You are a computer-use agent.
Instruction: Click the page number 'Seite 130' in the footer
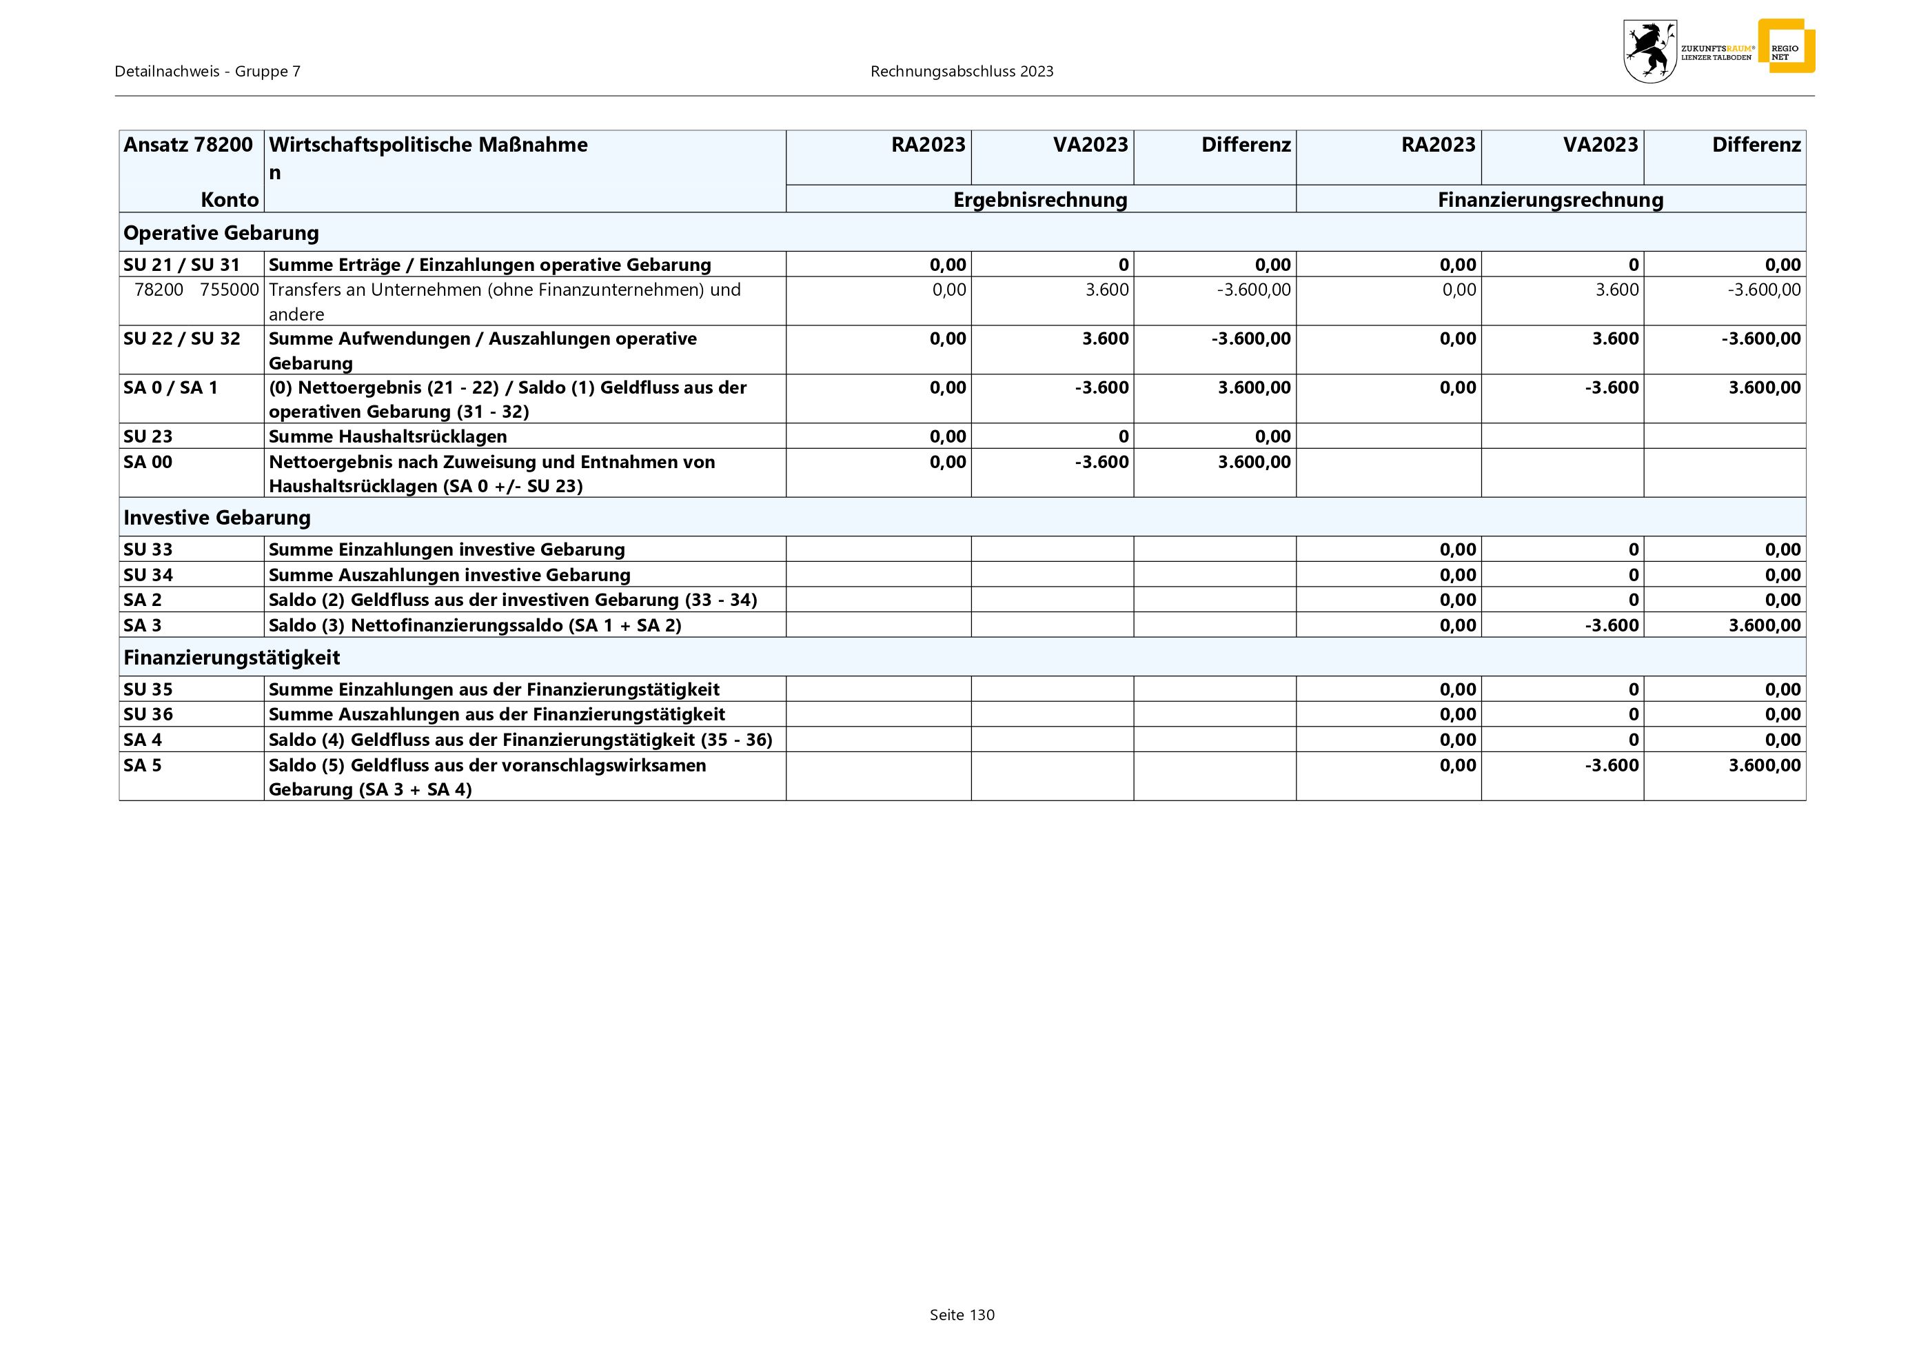(x=962, y=1315)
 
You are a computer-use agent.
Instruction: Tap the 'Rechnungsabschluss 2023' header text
(x=962, y=72)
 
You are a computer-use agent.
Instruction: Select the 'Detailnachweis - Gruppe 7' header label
(x=207, y=72)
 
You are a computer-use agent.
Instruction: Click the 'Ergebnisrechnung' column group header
(x=1040, y=200)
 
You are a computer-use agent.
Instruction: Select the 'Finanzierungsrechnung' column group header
(x=1550, y=200)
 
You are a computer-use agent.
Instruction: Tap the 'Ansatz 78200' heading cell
(x=188, y=145)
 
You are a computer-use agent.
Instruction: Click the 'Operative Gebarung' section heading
(x=221, y=233)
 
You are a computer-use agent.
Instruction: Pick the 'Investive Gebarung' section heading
(x=217, y=518)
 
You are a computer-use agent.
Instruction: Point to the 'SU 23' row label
(x=148, y=436)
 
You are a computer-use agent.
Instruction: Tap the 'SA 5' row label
(x=143, y=765)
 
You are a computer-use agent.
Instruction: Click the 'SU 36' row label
(x=148, y=714)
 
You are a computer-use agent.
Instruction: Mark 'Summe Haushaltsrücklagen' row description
(x=387, y=436)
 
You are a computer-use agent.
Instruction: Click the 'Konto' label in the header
(x=230, y=200)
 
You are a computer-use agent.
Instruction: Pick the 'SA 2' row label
(x=143, y=600)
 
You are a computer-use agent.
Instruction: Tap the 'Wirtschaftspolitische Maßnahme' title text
(x=428, y=145)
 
